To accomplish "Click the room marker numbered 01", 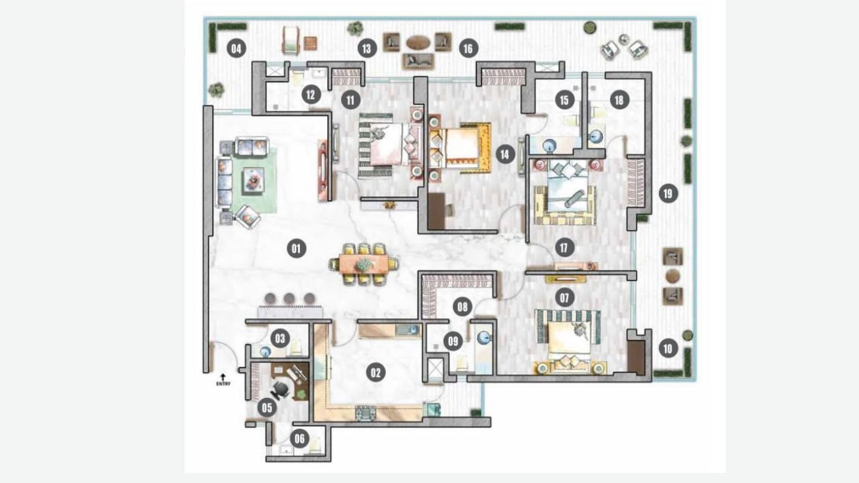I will (296, 249).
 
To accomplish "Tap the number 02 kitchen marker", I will (375, 372).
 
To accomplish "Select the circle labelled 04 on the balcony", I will (236, 48).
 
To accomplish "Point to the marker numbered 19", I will (667, 194).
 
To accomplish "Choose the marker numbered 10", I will (667, 348).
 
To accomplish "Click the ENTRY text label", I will (223, 384).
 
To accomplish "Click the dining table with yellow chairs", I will (363, 264).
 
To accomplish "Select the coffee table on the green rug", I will (253, 179).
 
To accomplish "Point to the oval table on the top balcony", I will (417, 42).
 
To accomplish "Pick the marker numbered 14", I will (505, 155).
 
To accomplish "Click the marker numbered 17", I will (564, 248).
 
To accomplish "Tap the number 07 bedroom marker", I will (564, 296).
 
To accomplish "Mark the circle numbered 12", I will (310, 95).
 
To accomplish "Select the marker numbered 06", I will (299, 439).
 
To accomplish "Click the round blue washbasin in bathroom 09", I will (485, 339).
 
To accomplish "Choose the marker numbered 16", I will (468, 48).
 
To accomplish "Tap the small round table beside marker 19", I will (672, 276).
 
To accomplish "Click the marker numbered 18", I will (618, 100).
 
